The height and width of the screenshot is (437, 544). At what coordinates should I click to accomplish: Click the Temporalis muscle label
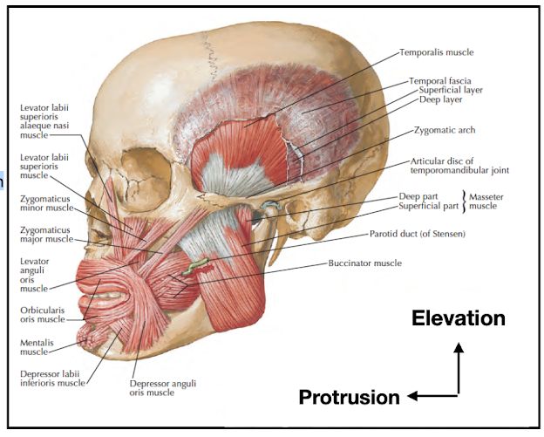click(x=437, y=52)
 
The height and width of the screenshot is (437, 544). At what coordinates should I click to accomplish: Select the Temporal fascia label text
click(x=440, y=80)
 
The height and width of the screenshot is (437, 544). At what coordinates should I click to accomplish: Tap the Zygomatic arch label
click(x=445, y=130)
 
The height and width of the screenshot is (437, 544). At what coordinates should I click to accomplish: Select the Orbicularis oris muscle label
click(x=42, y=314)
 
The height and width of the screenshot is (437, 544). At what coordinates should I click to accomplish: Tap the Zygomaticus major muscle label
click(x=47, y=234)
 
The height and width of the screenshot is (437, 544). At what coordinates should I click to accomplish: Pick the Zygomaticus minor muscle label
click(x=47, y=204)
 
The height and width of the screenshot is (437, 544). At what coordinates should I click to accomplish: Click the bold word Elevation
click(x=459, y=318)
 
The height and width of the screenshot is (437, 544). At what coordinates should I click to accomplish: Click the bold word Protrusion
click(x=349, y=397)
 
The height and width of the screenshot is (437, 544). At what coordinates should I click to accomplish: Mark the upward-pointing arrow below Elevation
click(x=459, y=366)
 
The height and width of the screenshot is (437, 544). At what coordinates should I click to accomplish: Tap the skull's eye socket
click(x=140, y=166)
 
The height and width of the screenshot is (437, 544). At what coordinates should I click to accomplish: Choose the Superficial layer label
click(x=451, y=90)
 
